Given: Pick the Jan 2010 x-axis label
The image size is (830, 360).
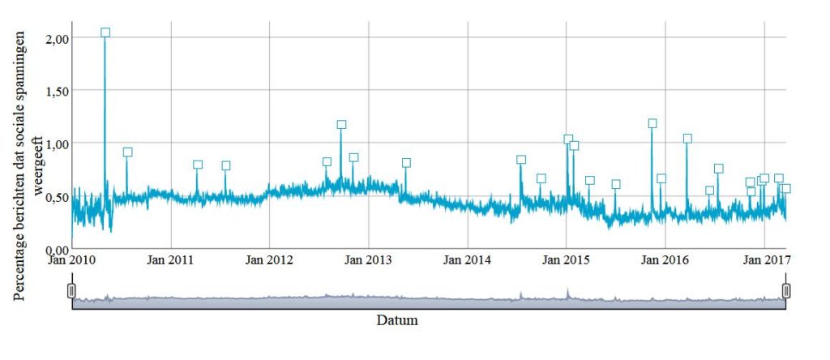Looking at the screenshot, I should tap(72, 260).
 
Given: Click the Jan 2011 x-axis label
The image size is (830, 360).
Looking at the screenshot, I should tap(171, 260).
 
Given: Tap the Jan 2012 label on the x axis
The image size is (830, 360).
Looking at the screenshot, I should tap(270, 260).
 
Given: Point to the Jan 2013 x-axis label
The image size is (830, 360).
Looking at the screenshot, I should tap(369, 260).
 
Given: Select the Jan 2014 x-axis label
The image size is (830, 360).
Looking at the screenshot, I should tap(468, 260).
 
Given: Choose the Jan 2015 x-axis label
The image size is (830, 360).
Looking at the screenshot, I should tap(567, 260).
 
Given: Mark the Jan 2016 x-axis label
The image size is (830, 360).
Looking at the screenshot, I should tap(665, 260).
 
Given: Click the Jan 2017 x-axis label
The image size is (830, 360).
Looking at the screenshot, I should tap(764, 260).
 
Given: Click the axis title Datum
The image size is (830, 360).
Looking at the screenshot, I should tap(397, 320).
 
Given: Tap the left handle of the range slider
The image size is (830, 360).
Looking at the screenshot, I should tap(72, 290).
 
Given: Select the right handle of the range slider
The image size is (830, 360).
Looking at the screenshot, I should tap(785, 290).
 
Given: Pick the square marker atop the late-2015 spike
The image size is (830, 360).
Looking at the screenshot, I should tap(652, 124).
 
